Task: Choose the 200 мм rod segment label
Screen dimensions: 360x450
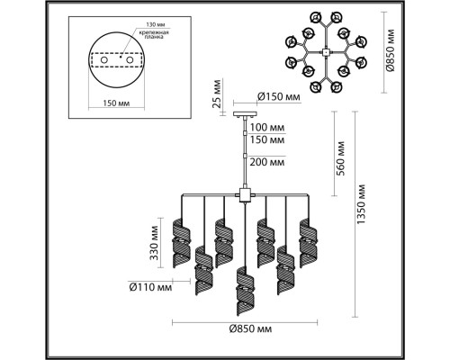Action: click(270, 162)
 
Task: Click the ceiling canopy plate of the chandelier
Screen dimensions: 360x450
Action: click(244, 113)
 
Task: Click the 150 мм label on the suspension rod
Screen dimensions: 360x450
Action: click(270, 141)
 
